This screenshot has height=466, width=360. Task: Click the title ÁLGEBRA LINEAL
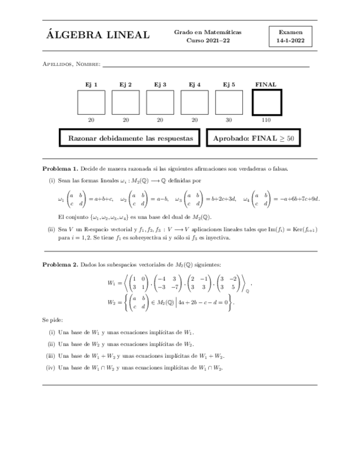(x=98, y=36)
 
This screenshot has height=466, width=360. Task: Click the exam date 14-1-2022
(x=290, y=41)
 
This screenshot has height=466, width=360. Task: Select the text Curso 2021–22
(x=207, y=41)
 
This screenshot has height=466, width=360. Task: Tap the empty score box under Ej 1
(x=91, y=102)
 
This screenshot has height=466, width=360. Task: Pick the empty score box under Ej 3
(x=160, y=102)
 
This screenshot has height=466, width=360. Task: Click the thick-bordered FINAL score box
(x=267, y=102)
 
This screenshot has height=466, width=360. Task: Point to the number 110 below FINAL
(x=267, y=119)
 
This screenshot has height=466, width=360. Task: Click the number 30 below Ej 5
(x=229, y=119)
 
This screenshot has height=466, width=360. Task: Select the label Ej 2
(x=125, y=84)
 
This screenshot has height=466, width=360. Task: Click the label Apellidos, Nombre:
(x=71, y=65)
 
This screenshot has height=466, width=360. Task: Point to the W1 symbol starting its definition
(x=112, y=284)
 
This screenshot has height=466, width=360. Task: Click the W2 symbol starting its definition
(x=112, y=302)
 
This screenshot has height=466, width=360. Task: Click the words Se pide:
(x=52, y=319)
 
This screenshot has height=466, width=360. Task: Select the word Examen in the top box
(x=290, y=32)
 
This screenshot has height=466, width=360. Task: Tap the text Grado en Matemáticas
(x=208, y=32)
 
